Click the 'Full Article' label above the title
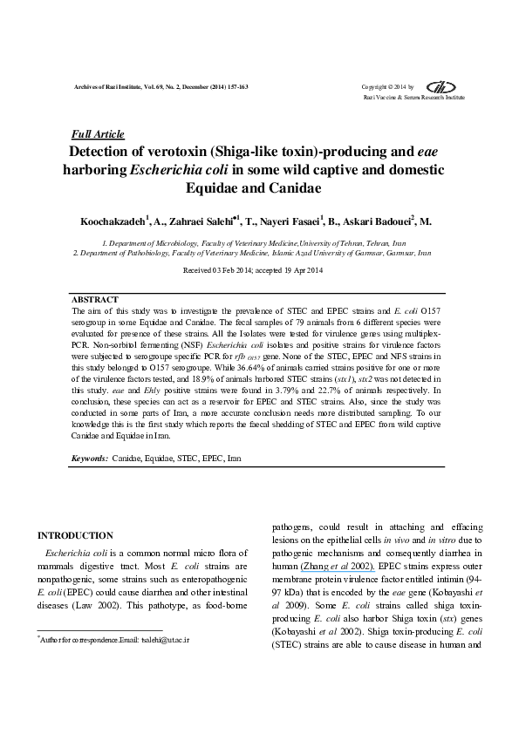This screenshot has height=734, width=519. tap(96, 135)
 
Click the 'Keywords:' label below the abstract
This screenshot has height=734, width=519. tap(89, 458)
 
